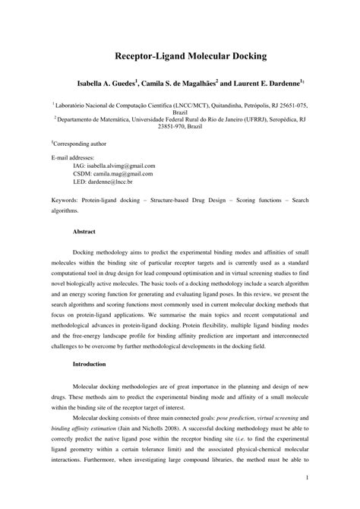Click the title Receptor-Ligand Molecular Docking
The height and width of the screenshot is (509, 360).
(179, 56)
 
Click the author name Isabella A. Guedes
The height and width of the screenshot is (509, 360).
(106, 82)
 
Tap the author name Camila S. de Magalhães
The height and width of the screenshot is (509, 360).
(181, 82)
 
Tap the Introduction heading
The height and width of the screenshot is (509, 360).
(90, 364)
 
